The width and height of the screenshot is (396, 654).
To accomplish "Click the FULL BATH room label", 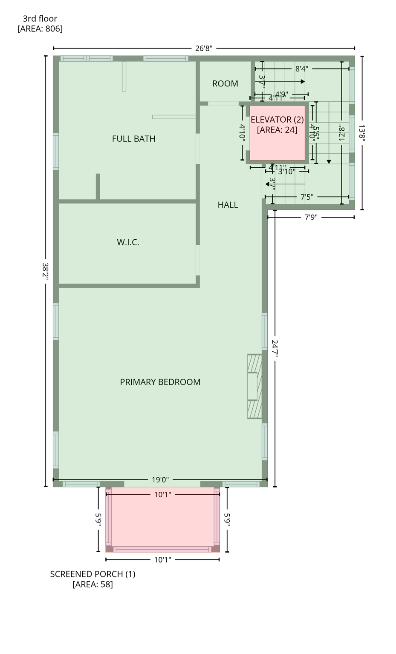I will click(x=133, y=139).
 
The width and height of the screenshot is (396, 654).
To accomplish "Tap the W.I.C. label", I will click(x=128, y=242).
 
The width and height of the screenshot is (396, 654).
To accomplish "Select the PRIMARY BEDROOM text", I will click(x=160, y=382).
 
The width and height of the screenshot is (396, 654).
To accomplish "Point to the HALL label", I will click(x=228, y=205).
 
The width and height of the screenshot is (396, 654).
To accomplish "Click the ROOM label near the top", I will click(x=225, y=84).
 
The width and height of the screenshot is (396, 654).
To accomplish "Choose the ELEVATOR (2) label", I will click(x=277, y=120).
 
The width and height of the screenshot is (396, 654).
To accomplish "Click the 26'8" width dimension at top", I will click(x=204, y=49).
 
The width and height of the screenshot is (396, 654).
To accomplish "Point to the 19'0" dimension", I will click(x=160, y=480).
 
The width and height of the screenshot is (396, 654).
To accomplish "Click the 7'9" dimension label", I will click(x=311, y=217).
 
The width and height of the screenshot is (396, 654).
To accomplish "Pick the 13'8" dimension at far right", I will click(x=362, y=132).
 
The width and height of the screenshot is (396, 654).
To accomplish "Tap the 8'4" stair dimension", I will click(x=302, y=69).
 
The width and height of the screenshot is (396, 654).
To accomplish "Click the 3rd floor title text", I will click(x=40, y=18).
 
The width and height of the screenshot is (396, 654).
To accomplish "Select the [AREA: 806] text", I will click(x=40, y=29).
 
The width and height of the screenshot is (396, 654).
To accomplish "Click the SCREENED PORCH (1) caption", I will click(x=92, y=574).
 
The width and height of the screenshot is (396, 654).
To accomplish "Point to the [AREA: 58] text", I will click(x=92, y=584).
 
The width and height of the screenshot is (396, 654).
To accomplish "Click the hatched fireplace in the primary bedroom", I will click(x=254, y=386).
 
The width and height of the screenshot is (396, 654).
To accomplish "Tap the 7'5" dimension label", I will click(x=307, y=197).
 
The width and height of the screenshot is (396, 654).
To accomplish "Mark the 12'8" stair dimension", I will click(x=341, y=132).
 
